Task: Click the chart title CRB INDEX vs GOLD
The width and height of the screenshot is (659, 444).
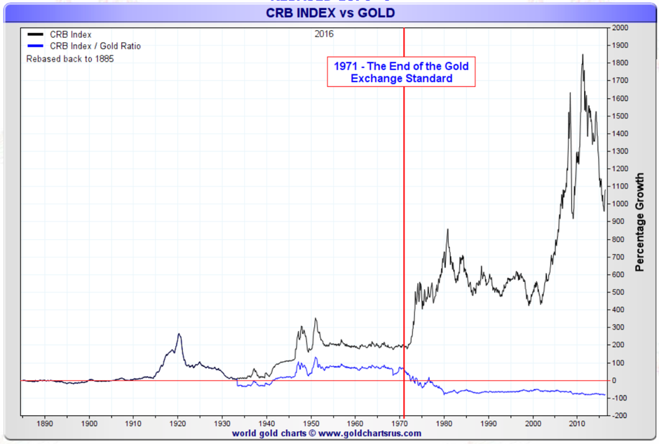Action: click(329, 13)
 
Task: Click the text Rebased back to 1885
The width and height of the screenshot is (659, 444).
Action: click(70, 59)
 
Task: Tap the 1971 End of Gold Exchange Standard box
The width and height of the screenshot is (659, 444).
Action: click(401, 72)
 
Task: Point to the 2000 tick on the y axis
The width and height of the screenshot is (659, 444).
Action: click(620, 28)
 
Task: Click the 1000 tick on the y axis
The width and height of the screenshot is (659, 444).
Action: click(620, 204)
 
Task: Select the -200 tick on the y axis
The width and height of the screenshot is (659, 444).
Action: click(620, 416)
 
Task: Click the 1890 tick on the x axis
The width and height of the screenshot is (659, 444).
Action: click(45, 424)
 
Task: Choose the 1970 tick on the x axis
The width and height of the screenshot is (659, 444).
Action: click(400, 424)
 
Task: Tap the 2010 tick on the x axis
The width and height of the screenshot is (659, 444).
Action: click(577, 424)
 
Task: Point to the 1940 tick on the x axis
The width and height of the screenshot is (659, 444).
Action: click(266, 424)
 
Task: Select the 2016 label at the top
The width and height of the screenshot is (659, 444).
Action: click(325, 34)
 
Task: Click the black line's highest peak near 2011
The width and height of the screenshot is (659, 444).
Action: click(582, 55)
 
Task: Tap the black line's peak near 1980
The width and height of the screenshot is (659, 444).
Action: click(447, 229)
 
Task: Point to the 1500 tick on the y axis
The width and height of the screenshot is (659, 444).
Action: click(620, 116)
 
